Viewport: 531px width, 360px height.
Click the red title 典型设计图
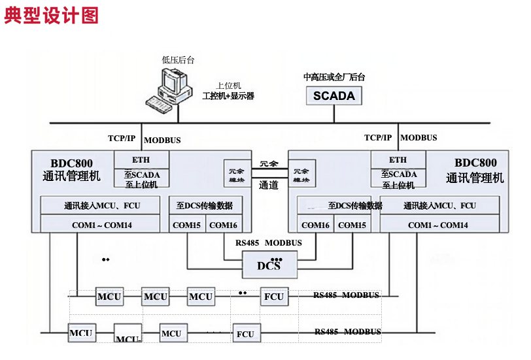[52, 16]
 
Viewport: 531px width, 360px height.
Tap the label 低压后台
[178, 60]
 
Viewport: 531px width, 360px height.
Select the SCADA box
[334, 96]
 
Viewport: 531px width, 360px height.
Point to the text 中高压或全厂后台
[334, 77]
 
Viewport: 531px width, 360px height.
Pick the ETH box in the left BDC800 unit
[141, 159]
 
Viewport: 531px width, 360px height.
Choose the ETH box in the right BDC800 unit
[398, 159]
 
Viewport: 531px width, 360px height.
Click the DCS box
[269, 265]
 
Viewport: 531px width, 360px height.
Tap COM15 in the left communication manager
[187, 225]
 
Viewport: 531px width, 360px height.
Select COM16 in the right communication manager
[315, 225]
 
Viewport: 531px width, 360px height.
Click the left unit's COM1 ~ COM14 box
[102, 225]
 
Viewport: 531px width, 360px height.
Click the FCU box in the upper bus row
[273, 297]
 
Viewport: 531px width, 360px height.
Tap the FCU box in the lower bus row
[245, 334]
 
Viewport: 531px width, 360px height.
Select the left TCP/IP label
[122, 138]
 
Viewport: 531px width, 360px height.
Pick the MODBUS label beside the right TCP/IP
[419, 138]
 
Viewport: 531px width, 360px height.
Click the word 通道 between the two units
[268, 185]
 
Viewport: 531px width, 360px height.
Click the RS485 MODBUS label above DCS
[269, 243]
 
